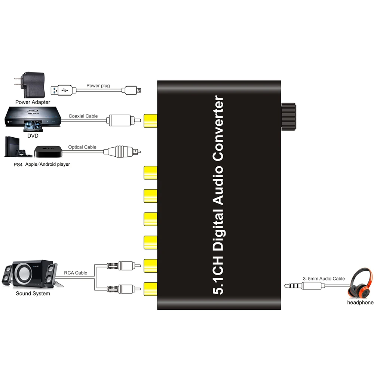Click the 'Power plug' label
click(98, 86)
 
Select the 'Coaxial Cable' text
click(83, 116)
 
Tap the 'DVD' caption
click(33, 136)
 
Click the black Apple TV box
click(49, 152)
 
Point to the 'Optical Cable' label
click(82, 147)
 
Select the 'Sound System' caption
click(33, 294)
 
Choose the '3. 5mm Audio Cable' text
click(324, 279)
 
